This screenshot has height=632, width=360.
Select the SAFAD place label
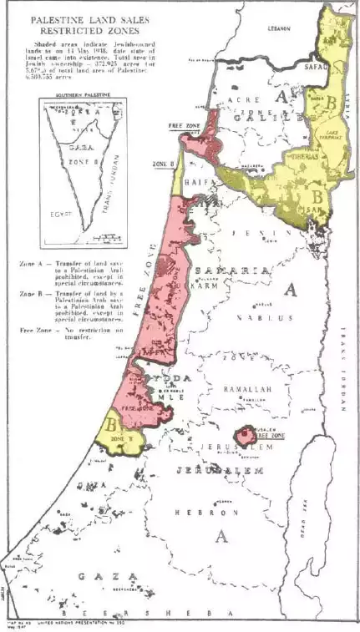315,63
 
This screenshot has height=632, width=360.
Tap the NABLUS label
241,317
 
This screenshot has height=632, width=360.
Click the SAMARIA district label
231,271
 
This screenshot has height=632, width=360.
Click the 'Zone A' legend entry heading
34,263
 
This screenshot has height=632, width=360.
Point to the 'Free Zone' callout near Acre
185,125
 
